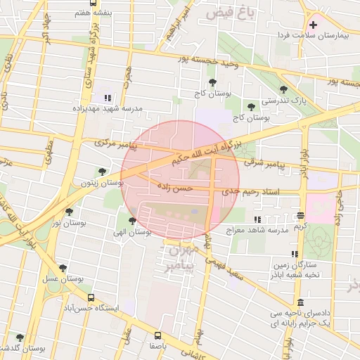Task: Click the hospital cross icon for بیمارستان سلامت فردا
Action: click(x=314, y=25)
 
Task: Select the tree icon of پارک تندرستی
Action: click(x=283, y=89)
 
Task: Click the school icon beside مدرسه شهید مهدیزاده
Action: click(x=108, y=98)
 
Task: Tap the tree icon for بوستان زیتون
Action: click(x=103, y=171)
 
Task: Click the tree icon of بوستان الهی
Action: click(x=132, y=221)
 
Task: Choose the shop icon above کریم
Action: click(x=301, y=215)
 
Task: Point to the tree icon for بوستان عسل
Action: click(x=63, y=268)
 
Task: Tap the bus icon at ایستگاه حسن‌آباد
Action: click(x=89, y=297)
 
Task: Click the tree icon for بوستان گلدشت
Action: click(x=19, y=337)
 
